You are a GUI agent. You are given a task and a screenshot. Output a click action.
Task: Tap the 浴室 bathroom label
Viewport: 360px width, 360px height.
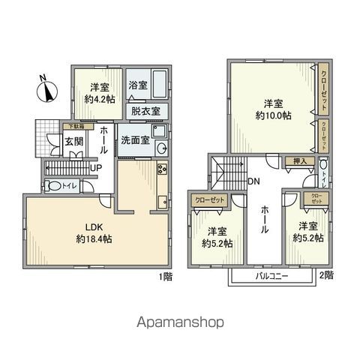click(x=136, y=86)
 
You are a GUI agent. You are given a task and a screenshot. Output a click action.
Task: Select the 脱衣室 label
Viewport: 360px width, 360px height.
click(x=145, y=110)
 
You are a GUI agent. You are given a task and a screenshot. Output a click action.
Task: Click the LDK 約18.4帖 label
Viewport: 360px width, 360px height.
click(x=94, y=233)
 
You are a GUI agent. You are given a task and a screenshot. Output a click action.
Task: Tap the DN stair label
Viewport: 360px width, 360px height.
click(x=254, y=181)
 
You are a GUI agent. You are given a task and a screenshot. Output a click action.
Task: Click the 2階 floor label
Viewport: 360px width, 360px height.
click(x=326, y=275)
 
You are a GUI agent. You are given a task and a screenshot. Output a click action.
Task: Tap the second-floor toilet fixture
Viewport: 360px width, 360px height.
click(x=323, y=166)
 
